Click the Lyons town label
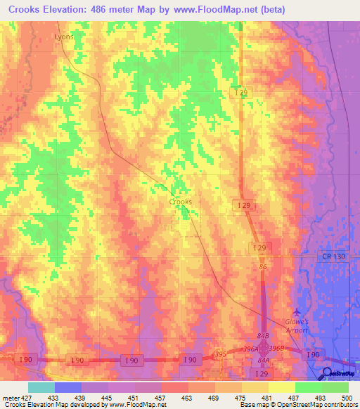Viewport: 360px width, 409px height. point(63,36)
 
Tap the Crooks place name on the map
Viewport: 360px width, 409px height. point(181,201)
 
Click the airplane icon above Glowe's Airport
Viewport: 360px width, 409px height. point(296,311)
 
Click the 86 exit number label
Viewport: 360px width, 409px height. point(262,268)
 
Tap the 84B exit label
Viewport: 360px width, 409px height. point(263,337)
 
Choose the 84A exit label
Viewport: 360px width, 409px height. point(263,360)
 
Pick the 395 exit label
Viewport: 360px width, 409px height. point(220,353)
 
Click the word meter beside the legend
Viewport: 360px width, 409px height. point(10,398)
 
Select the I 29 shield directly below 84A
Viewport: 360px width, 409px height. point(262,372)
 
